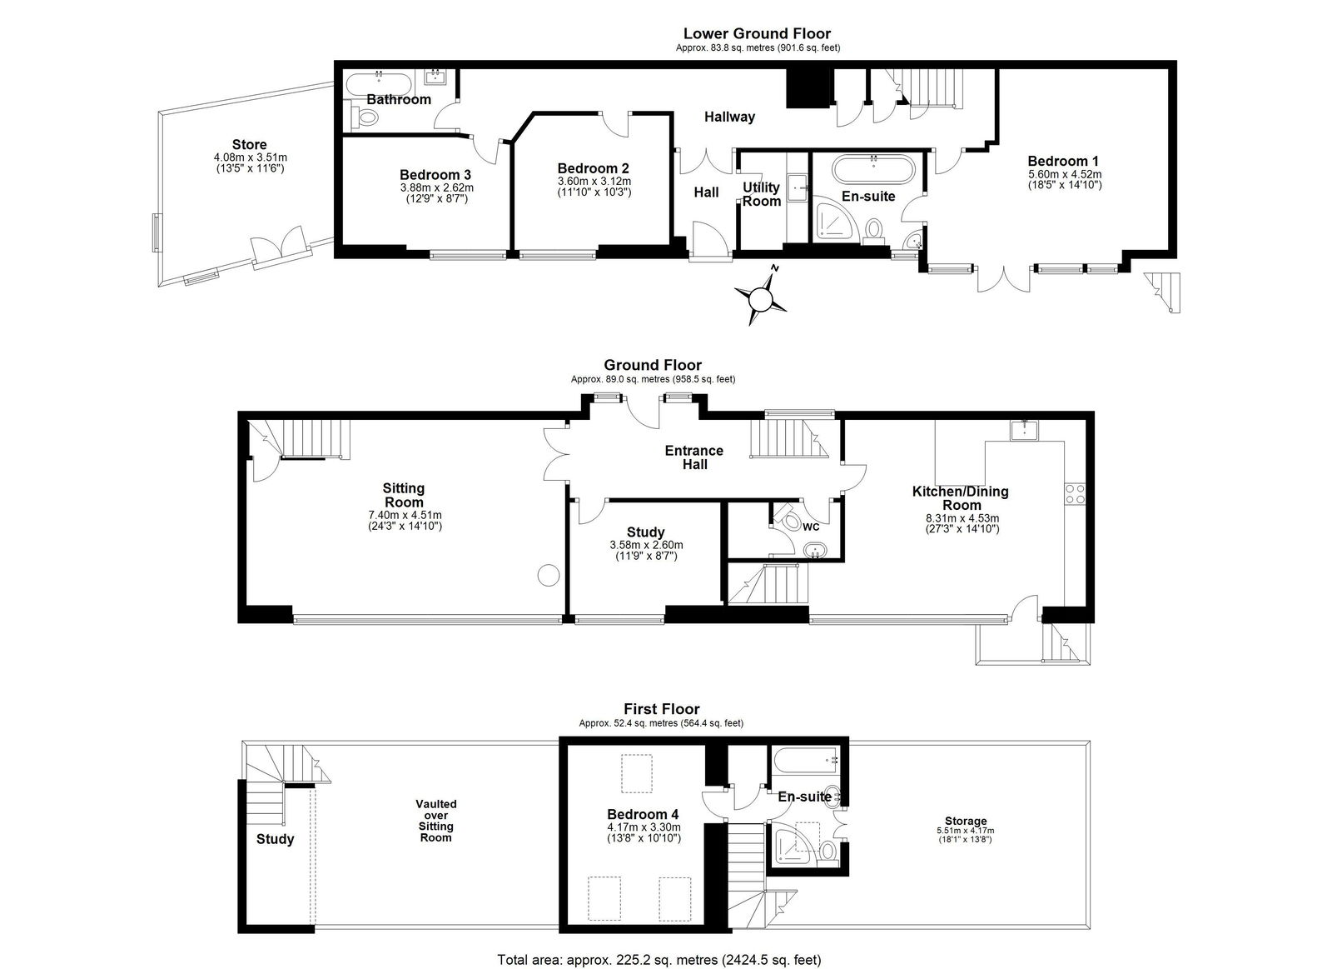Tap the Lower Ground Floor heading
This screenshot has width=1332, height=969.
(757, 33)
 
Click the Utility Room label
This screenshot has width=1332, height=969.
(762, 194)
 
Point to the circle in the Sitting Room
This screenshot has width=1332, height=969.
(549, 576)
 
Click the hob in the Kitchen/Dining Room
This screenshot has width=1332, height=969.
(1075, 494)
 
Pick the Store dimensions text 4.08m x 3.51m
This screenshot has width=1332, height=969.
(251, 157)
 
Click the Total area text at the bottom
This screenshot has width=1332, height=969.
(659, 960)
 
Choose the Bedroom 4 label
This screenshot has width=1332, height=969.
(643, 814)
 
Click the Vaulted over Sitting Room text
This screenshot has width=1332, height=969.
(436, 821)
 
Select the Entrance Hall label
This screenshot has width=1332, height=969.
(694, 457)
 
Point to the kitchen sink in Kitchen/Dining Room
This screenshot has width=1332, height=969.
(1025, 430)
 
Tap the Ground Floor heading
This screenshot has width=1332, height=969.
(653, 365)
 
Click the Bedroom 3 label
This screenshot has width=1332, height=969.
(435, 175)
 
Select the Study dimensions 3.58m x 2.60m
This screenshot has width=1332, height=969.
(646, 545)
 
